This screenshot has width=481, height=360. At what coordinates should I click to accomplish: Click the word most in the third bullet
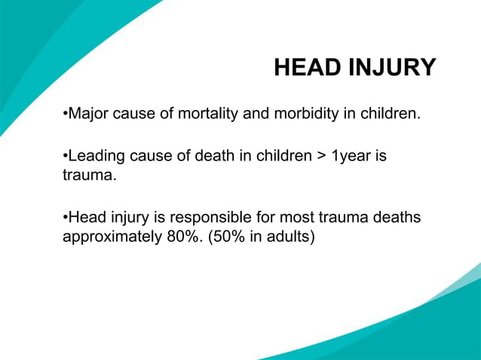tap(294, 218)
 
